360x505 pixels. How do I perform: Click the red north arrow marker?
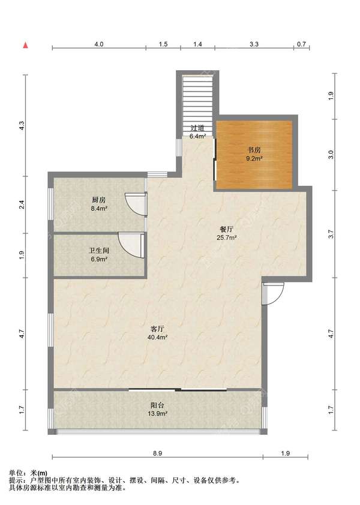pos(25,46)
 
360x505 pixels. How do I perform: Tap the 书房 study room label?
pos(254,150)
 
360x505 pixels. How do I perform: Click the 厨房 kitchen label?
pos(99,200)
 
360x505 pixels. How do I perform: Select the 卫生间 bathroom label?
pos(99,250)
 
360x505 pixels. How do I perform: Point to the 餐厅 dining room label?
pos(227,229)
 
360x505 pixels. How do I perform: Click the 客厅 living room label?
pos(158,329)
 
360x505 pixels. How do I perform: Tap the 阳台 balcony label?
pos(158,405)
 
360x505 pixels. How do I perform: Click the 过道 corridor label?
pos(197,128)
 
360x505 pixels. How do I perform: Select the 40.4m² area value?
pos(158,337)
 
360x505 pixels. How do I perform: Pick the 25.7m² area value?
pos(227,238)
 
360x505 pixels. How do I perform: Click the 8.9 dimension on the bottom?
pos(158,453)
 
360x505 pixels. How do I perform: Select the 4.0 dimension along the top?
pos(99,44)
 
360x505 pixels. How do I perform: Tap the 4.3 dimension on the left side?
pos(22,125)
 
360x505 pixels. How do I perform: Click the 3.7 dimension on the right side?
pos(331,234)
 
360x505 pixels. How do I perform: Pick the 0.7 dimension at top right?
pos(301,44)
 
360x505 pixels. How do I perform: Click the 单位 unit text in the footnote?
pos(16,473)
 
